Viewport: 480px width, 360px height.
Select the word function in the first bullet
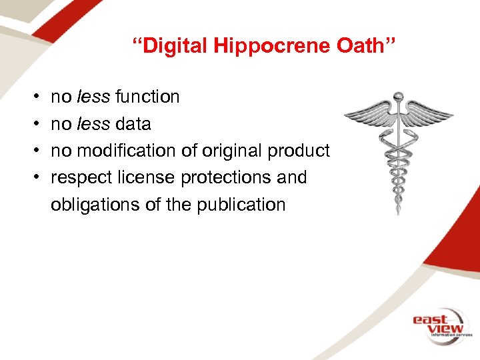147,97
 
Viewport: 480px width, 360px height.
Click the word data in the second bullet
133,124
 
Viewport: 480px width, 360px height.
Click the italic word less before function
93,97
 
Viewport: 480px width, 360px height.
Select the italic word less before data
93,124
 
